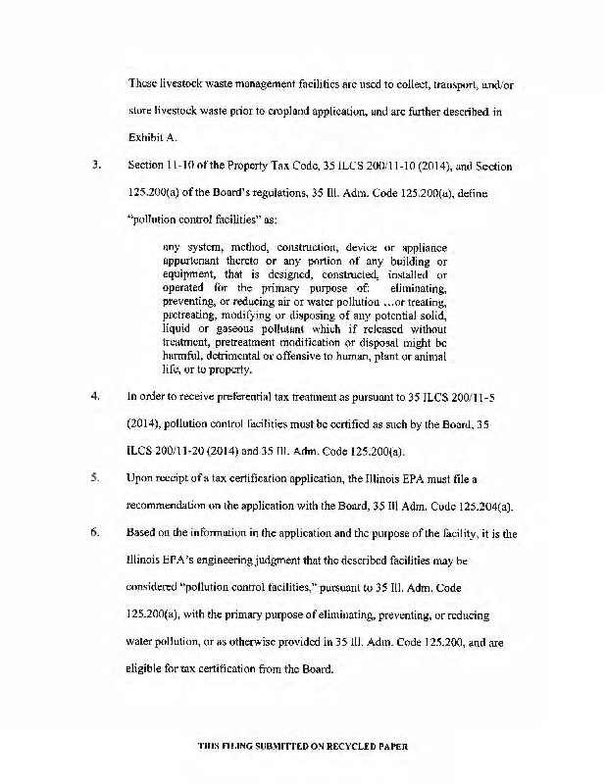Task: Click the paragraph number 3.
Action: pos(96,166)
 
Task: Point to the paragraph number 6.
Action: pos(96,532)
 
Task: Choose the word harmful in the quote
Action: pos(184,358)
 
